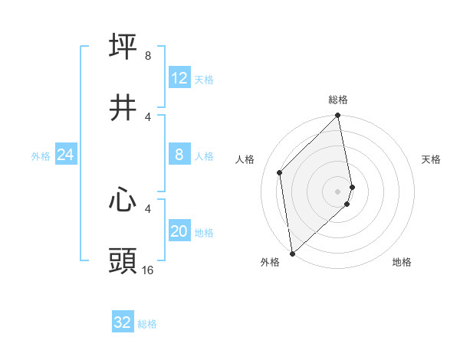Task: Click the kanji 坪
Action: (123, 46)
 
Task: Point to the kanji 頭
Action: (123, 260)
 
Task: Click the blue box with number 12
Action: (179, 78)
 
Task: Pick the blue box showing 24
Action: (66, 155)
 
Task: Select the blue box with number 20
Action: (179, 232)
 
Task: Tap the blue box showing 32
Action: (123, 322)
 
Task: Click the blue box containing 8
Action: (179, 155)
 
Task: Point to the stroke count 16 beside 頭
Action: (148, 270)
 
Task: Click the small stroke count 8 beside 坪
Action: (148, 56)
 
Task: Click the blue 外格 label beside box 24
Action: (41, 156)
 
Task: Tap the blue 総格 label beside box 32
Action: (147, 324)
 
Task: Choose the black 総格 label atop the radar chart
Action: (338, 100)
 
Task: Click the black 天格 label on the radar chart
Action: (432, 159)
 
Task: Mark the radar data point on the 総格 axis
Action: (338, 116)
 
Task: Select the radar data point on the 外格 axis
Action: (292, 253)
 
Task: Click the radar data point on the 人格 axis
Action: (280, 172)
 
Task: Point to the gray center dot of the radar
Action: (338, 191)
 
